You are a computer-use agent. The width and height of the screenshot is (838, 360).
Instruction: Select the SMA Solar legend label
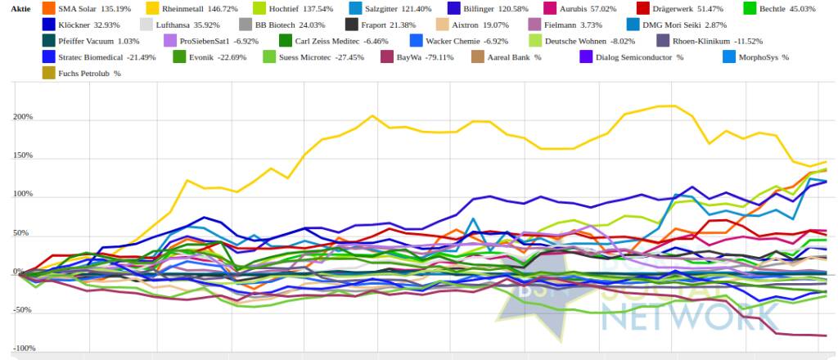[x=84, y=9]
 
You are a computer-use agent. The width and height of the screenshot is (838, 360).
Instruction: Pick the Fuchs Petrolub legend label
[x=82, y=74]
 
